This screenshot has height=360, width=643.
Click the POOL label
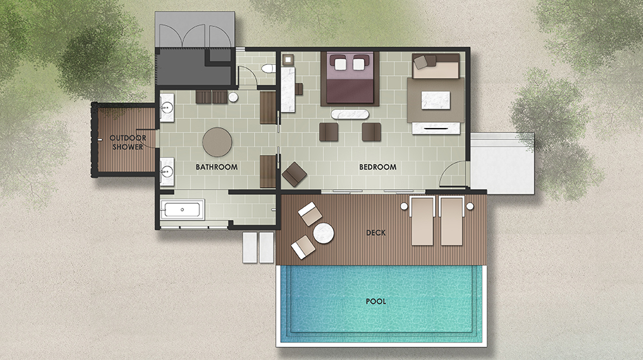click(x=376, y=301)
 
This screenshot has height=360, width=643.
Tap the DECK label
click(x=376, y=233)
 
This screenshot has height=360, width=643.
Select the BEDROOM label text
click(x=377, y=167)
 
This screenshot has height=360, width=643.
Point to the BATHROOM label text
click(x=217, y=167)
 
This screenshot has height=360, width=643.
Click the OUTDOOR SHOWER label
click(x=127, y=142)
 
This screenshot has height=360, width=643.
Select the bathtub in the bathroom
click(x=182, y=210)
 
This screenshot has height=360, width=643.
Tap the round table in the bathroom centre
click(x=217, y=142)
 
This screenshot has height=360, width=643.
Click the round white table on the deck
click(x=323, y=233)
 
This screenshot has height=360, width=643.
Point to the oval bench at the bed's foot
click(x=350, y=114)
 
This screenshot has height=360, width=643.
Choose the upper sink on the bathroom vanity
click(x=167, y=108)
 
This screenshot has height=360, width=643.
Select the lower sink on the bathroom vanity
click(x=167, y=170)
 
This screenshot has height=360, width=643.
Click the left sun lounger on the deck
click(x=422, y=221)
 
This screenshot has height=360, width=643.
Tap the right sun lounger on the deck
click(x=451, y=221)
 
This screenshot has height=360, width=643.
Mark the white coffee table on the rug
click(x=435, y=100)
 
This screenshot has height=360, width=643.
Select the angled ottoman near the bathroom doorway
click(x=294, y=174)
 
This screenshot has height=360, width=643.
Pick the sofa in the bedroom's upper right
click(x=435, y=66)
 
